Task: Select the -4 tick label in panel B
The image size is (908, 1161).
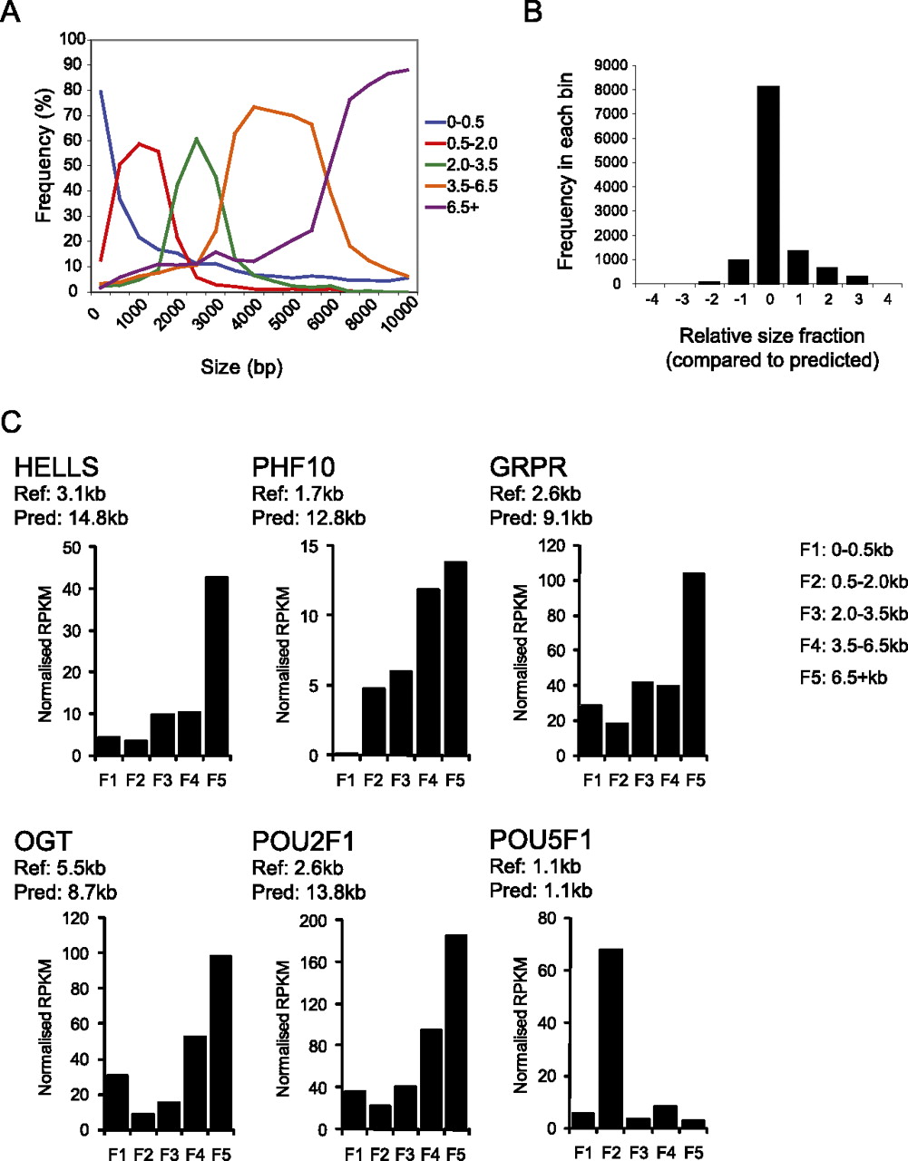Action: (x=650, y=299)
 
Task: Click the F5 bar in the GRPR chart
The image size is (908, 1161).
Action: (x=694, y=664)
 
